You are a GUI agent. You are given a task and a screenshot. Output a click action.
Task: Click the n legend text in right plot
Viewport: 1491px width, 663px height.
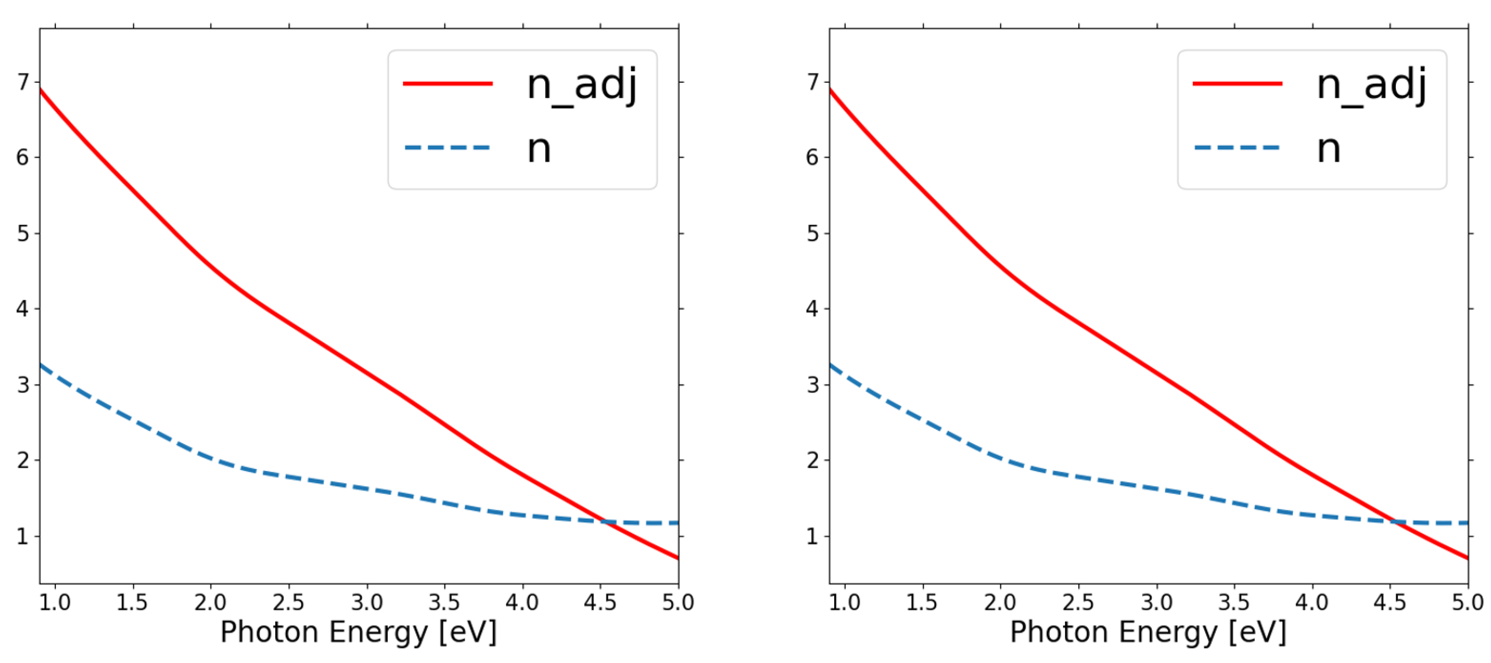pos(1329,149)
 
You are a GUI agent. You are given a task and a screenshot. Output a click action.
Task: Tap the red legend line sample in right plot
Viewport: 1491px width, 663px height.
pos(1237,84)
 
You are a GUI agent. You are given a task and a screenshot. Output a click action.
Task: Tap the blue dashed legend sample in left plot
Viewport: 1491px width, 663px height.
pos(447,148)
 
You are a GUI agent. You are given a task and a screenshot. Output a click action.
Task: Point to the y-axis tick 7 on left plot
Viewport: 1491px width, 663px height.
pos(23,82)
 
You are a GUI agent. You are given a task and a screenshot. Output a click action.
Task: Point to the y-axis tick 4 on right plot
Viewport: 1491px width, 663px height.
pos(812,308)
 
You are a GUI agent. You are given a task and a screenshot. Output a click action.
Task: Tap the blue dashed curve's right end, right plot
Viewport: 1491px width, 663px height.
pos(1466,523)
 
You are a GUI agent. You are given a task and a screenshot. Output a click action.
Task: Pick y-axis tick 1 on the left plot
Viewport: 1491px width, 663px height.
pos(23,536)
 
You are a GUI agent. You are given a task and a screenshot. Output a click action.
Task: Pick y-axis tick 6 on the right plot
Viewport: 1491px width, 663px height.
pos(812,157)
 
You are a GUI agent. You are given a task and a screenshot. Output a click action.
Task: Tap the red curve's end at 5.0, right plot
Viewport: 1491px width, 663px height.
pos(1466,558)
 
